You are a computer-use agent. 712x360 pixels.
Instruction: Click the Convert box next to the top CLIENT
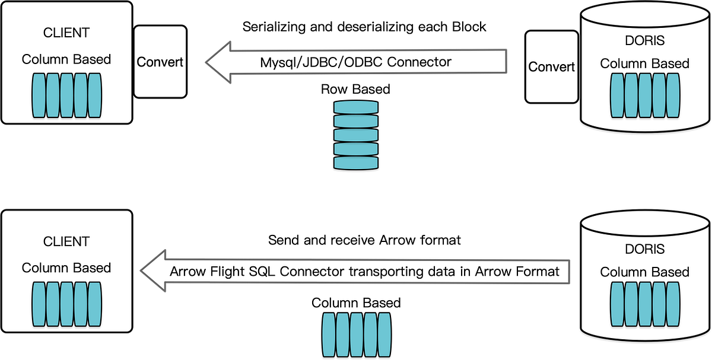(160, 62)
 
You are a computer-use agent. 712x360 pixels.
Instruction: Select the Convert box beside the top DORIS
(551, 66)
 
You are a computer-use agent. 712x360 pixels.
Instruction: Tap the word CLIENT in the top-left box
(66, 33)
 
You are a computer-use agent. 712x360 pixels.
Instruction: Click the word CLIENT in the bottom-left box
(66, 242)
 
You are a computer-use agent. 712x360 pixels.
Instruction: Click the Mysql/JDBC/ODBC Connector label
(356, 62)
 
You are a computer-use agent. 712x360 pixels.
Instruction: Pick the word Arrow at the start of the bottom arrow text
(185, 272)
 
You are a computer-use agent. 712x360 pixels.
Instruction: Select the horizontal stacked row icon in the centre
(356, 135)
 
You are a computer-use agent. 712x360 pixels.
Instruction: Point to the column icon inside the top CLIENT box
(66, 95)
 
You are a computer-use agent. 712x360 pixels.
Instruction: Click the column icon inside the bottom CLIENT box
(66, 304)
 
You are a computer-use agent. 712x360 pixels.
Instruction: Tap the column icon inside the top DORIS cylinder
(644, 95)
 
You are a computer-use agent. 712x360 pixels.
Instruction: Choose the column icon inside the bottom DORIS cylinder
(644, 304)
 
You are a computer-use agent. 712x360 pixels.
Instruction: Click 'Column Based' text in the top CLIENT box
(66, 59)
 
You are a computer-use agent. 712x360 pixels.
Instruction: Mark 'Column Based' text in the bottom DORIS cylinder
(644, 272)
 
